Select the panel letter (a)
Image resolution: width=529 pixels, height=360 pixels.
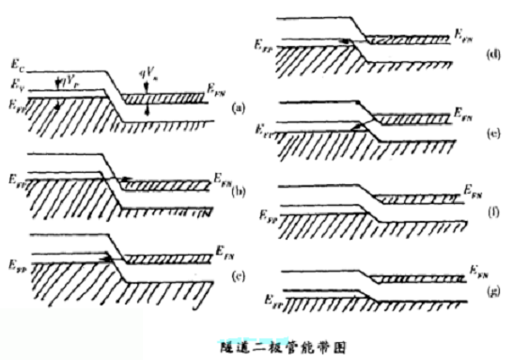239,109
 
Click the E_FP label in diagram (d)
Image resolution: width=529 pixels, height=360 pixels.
264,43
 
